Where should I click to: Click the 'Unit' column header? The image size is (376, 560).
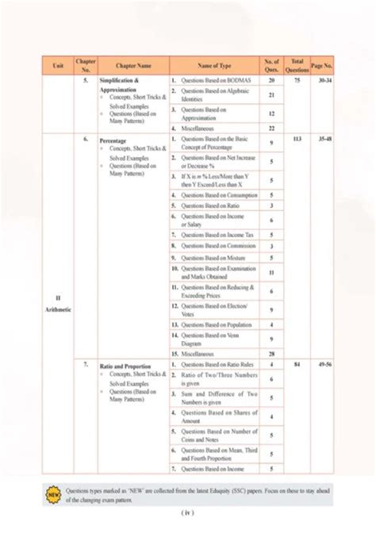click(x=58, y=66)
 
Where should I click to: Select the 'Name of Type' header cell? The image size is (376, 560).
click(x=214, y=66)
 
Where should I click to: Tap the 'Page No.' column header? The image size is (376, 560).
click(x=322, y=66)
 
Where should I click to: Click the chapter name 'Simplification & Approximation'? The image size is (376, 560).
click(x=120, y=86)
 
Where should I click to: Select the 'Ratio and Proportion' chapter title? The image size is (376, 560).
click(x=125, y=364)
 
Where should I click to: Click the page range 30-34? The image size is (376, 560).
click(x=322, y=81)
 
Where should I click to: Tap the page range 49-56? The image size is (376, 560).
click(x=322, y=364)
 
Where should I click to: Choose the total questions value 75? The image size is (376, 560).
click(x=297, y=81)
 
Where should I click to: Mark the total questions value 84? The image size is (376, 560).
click(x=297, y=364)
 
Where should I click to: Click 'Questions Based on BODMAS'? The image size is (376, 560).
click(x=209, y=81)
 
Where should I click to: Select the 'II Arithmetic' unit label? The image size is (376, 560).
click(x=58, y=304)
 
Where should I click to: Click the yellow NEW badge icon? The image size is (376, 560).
click(x=54, y=495)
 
